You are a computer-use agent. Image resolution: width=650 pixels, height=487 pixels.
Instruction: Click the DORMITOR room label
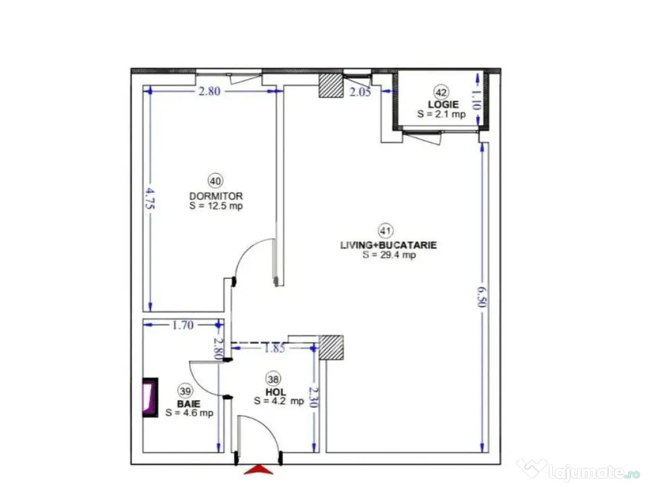coord(216,195)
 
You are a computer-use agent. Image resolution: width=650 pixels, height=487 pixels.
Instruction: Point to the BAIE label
coord(186,403)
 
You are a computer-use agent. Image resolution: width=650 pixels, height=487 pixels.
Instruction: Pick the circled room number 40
coord(216,181)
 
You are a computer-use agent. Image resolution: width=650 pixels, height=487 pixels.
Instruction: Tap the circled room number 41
coord(385,230)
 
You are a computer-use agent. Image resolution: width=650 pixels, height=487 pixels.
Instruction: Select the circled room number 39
coord(185,391)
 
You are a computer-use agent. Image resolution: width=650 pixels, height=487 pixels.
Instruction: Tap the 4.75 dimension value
coord(150,197)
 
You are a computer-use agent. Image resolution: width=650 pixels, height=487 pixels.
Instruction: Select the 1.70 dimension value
coord(182,325)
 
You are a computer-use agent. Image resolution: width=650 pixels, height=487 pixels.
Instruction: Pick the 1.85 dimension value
coord(275,347)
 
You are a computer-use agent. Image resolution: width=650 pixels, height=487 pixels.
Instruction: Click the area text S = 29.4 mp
coord(389,256)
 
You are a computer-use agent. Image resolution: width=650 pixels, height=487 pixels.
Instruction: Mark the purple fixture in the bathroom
coord(149,398)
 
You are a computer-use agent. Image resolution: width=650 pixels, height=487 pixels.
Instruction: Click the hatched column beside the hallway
coord(331,347)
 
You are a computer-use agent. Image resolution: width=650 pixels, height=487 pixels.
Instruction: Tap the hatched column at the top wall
coord(330,85)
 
